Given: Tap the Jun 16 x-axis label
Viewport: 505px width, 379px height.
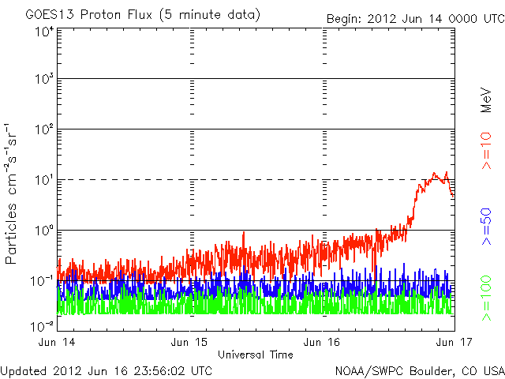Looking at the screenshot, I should [x=323, y=343].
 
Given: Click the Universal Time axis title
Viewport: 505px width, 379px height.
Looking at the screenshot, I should [x=256, y=355].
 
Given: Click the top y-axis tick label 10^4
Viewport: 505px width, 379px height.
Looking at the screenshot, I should [x=43, y=31].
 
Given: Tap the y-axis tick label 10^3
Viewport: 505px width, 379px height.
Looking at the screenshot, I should [x=43, y=80].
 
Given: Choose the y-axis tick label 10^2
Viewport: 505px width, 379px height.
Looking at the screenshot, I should [x=43, y=129].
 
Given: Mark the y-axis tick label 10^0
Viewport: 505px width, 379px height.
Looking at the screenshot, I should [x=43, y=231].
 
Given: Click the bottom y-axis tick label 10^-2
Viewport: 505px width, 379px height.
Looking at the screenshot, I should [x=42, y=326].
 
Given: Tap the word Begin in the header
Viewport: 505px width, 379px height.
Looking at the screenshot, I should [x=345, y=18].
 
